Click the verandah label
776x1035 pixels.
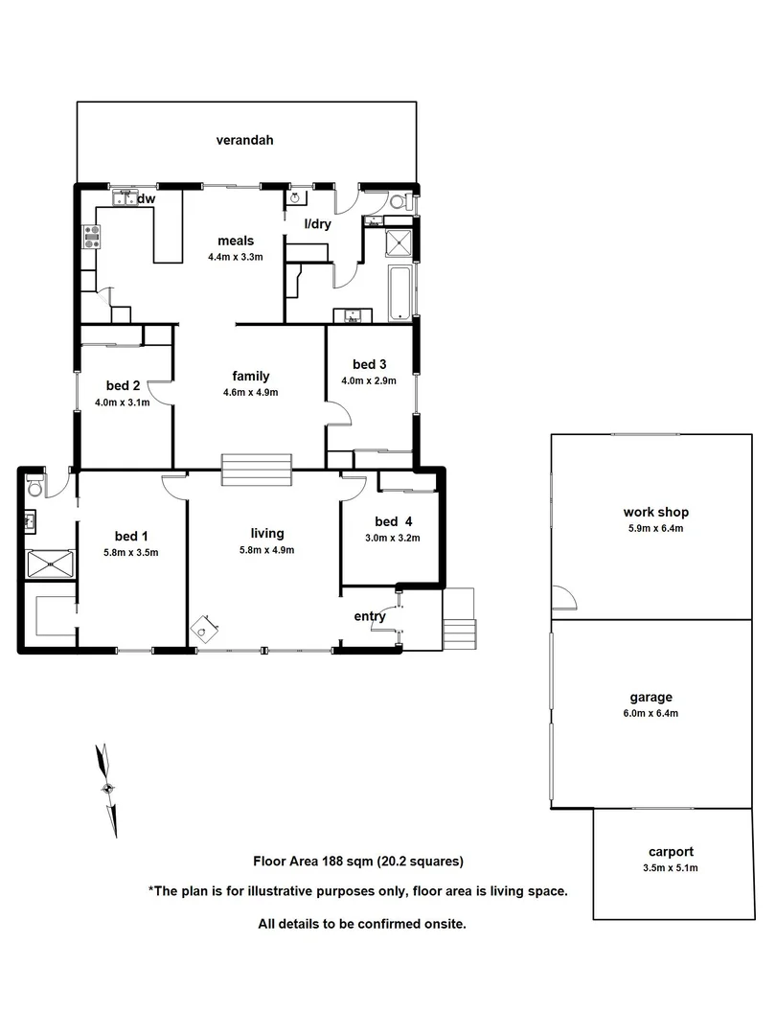[x=244, y=140]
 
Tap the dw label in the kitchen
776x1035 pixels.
[x=147, y=199]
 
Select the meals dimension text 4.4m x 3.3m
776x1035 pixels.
[x=235, y=257]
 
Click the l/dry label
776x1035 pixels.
[x=316, y=224]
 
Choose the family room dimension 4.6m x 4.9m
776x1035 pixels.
[x=250, y=392]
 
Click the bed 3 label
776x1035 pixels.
[x=369, y=364]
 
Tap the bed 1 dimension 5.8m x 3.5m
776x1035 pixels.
[x=131, y=552]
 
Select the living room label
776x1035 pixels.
[x=266, y=534]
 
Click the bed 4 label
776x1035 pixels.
[x=393, y=521]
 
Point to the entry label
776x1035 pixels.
[x=370, y=616]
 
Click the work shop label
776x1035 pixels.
[x=655, y=513]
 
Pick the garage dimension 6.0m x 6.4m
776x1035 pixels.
[x=650, y=713]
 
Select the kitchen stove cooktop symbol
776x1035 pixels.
[x=93, y=236]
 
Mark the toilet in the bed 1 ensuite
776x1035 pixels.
[x=35, y=486]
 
